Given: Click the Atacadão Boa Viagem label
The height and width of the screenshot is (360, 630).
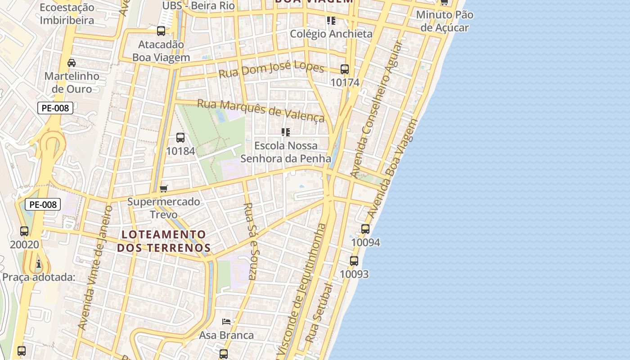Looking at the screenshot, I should pyautogui.click(x=161, y=51).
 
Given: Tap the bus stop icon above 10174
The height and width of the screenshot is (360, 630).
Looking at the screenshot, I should pyautogui.click(x=345, y=69).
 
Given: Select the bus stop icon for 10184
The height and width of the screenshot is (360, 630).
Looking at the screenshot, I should pyautogui.click(x=180, y=138).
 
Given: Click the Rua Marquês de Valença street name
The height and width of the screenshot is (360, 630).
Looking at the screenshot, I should pyautogui.click(x=261, y=110).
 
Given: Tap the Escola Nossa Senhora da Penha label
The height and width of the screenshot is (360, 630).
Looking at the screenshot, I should pyautogui.click(x=286, y=152).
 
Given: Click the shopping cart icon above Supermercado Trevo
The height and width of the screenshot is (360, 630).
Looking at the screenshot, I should pyautogui.click(x=164, y=188).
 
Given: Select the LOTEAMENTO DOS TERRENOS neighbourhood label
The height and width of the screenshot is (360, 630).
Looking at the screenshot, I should pyautogui.click(x=164, y=241).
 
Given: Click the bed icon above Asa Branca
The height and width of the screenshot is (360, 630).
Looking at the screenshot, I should pyautogui.click(x=226, y=322).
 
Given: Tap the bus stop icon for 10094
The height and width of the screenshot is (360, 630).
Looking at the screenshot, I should pyautogui.click(x=365, y=229).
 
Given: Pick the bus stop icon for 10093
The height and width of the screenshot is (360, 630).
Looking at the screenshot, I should pyautogui.click(x=354, y=261).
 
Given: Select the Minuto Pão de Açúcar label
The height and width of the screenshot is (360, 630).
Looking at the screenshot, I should pyautogui.click(x=445, y=21).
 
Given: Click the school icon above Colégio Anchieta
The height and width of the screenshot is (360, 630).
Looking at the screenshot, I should pyautogui.click(x=331, y=20).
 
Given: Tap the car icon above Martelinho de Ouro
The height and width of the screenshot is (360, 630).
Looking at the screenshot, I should pyautogui.click(x=72, y=63).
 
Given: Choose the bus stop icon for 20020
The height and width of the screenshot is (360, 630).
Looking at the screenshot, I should pyautogui.click(x=24, y=231).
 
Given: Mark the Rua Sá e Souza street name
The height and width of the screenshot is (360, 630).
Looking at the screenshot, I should pyautogui.click(x=249, y=241).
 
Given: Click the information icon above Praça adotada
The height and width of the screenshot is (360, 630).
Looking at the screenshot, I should pyautogui.click(x=39, y=264).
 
